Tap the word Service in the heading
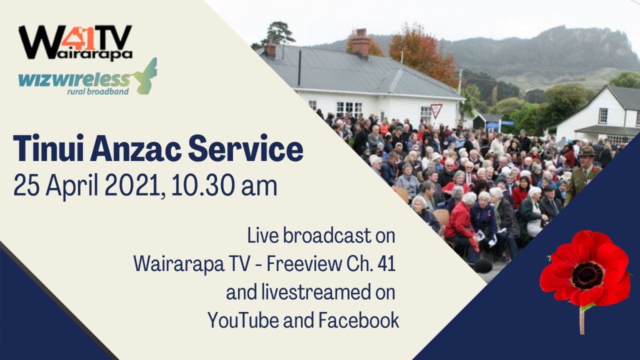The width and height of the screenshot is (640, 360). click(x=260, y=149)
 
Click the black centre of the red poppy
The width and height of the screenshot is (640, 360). click(x=587, y=275)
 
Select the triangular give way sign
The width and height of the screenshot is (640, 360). click(x=436, y=109)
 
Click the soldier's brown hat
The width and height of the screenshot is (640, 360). click(x=586, y=150)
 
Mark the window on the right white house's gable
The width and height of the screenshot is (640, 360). click(x=602, y=115)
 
